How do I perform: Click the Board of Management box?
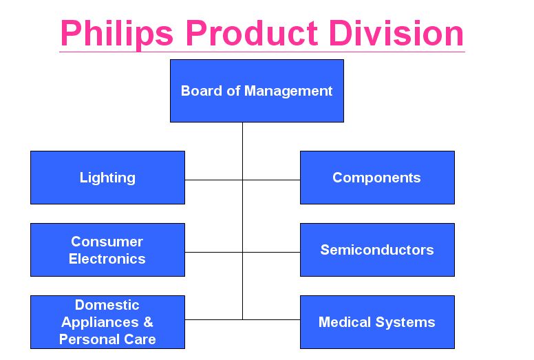(257, 91)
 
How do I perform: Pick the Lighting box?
(107, 178)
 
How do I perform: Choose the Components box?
(377, 178)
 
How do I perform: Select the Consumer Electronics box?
(107, 250)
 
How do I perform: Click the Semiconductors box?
(377, 250)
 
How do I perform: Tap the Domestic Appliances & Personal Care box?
(107, 322)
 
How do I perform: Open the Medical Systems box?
(377, 322)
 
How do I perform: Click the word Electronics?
(107, 259)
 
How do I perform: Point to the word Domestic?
(107, 305)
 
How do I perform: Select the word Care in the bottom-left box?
(140, 339)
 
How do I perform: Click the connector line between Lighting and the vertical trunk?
(213, 180)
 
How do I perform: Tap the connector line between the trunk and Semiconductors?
(271, 252)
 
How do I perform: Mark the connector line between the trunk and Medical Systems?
(271, 319)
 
